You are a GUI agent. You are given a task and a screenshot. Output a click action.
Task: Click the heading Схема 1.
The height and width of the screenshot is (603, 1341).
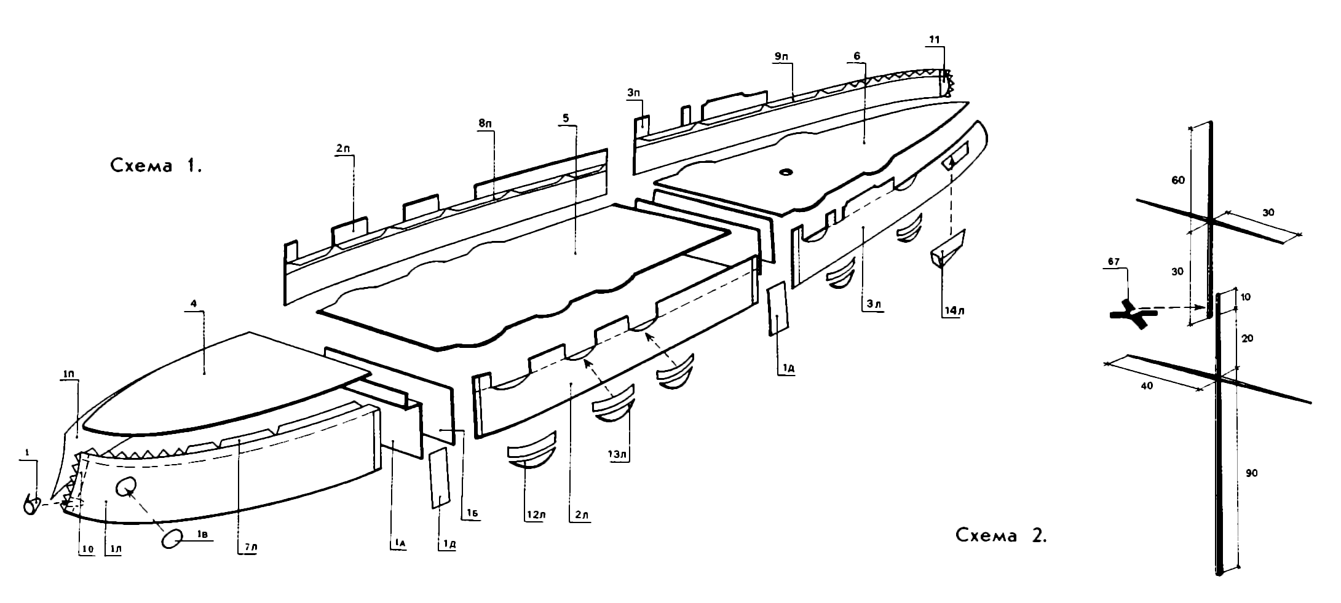[x=156, y=165]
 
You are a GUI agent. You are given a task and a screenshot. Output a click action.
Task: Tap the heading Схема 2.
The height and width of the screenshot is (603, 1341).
[x=1001, y=535]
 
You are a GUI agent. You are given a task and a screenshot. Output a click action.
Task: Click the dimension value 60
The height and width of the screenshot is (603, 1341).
[x=1177, y=180]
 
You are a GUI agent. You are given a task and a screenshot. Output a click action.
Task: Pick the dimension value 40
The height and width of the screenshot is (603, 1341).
[x=1147, y=386]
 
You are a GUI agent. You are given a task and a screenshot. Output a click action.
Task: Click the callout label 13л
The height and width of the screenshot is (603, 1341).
[x=619, y=455]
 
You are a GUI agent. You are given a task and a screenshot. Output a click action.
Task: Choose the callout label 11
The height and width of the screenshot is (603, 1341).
[x=935, y=40]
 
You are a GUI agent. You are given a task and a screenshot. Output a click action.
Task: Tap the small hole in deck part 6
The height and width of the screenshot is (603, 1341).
[x=786, y=173]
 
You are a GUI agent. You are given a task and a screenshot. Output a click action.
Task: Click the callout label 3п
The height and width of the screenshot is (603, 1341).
[x=635, y=92]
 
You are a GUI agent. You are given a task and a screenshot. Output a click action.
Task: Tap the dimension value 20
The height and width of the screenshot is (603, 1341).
[x=1248, y=339]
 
